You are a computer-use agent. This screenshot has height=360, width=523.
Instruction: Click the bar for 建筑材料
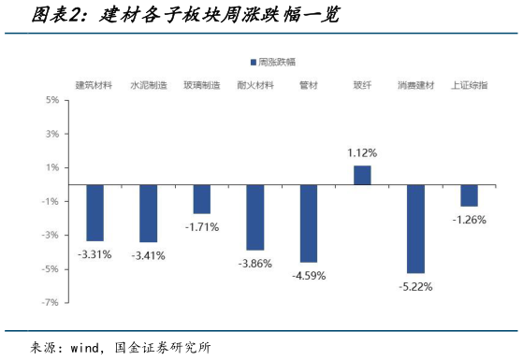[x=94, y=212]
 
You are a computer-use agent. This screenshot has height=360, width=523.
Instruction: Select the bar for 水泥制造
[x=148, y=213]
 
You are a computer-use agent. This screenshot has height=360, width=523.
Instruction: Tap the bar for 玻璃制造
[x=201, y=199]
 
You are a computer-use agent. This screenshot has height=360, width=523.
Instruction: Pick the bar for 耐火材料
[x=254, y=217]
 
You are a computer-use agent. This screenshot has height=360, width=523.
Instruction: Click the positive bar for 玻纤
[x=362, y=175]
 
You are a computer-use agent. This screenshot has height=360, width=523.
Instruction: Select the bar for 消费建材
[x=415, y=228]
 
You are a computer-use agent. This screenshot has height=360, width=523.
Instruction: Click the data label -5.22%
[x=415, y=286]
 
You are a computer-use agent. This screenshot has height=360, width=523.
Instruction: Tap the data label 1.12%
[x=362, y=152]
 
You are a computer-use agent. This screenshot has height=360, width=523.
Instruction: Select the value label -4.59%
[x=309, y=276]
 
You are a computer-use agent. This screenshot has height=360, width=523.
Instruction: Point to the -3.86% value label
[x=254, y=264]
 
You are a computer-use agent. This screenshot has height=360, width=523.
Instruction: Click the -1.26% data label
[x=470, y=220]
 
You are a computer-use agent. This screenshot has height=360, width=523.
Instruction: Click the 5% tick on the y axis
[x=53, y=100]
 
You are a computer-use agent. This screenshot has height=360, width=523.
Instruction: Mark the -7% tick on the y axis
[x=51, y=302]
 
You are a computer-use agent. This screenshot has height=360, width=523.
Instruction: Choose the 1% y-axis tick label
[x=53, y=167]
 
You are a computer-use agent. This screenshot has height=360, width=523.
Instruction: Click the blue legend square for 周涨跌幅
[x=254, y=62]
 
